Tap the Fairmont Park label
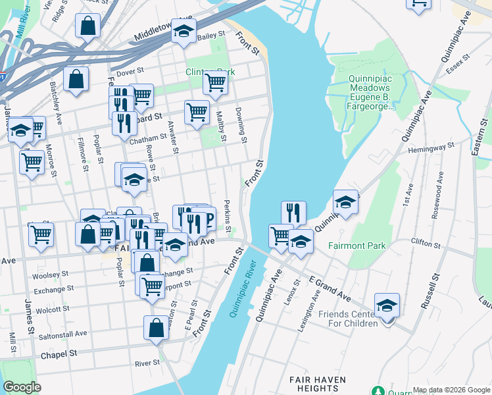coord(357,246)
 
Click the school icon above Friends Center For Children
coord(387,306)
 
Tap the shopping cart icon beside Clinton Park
coord(215,83)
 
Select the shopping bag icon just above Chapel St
coord(156,328)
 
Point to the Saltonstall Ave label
coord(62,334)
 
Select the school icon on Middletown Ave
coord(184,30)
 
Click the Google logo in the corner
coord(22,387)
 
